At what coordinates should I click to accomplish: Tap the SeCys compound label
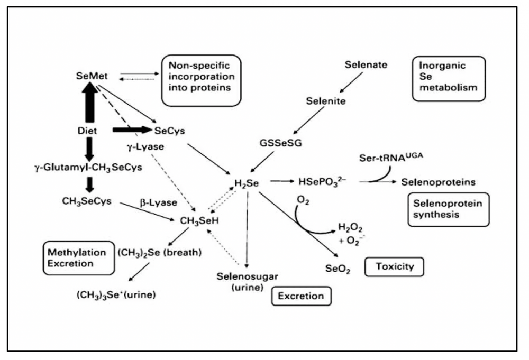(169, 130)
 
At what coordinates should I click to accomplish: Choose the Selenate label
(366, 66)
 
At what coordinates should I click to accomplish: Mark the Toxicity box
(395, 267)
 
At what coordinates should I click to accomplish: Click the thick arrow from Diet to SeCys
(130, 130)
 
